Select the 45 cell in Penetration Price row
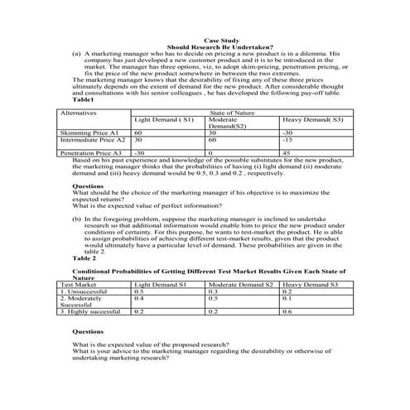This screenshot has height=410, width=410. click(x=287, y=153)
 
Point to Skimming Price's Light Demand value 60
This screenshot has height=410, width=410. click(x=139, y=132)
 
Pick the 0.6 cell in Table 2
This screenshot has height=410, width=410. click(x=287, y=312)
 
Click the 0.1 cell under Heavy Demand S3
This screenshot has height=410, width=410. click(x=287, y=298)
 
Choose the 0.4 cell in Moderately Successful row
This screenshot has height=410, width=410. click(x=139, y=298)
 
